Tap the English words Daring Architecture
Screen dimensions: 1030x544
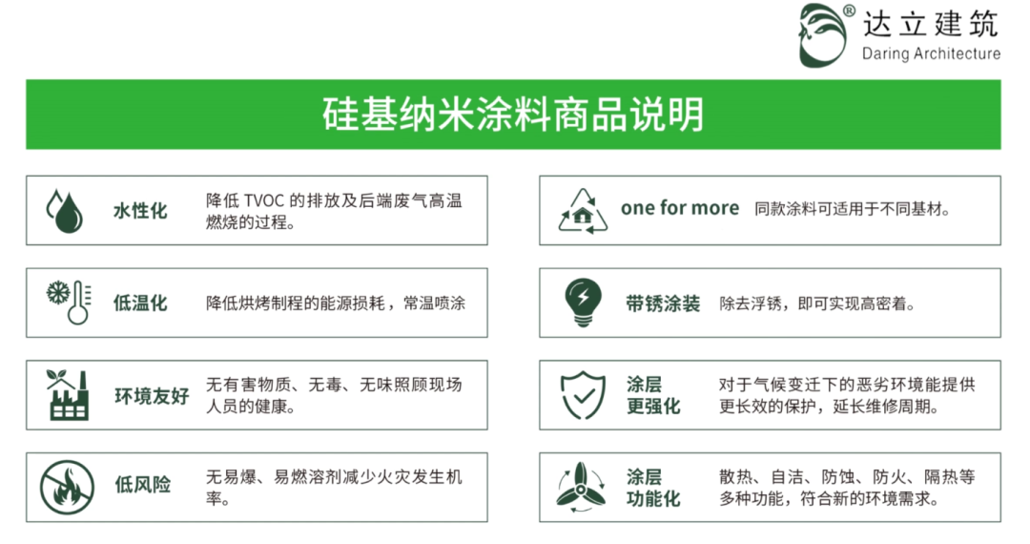(931, 53)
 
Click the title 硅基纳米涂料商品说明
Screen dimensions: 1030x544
(513, 115)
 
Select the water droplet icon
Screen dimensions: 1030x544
(65, 211)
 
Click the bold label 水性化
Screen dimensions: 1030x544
(140, 211)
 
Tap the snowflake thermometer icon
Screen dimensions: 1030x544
(69, 303)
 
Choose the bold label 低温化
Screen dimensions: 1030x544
(140, 303)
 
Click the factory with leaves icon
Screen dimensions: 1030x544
(67, 394)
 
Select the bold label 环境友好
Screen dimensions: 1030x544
(152, 395)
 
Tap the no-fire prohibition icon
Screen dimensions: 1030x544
(67, 488)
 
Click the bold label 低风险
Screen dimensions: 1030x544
(142, 485)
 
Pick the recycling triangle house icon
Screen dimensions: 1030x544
(583, 212)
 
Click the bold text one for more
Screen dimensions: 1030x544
(680, 208)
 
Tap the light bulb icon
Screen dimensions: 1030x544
(583, 303)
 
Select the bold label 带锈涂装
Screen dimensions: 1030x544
(662, 303)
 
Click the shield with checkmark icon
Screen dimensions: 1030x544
(583, 395)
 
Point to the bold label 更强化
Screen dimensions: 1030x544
(653, 406)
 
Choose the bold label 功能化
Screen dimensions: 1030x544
(653, 498)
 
